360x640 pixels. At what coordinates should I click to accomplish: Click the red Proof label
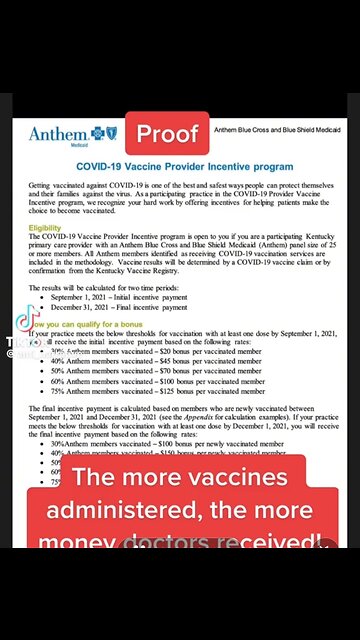167,134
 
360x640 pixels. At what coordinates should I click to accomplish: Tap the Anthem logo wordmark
61,133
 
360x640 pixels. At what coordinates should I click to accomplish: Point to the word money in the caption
74,545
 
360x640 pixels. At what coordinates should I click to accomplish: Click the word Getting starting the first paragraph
44,187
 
